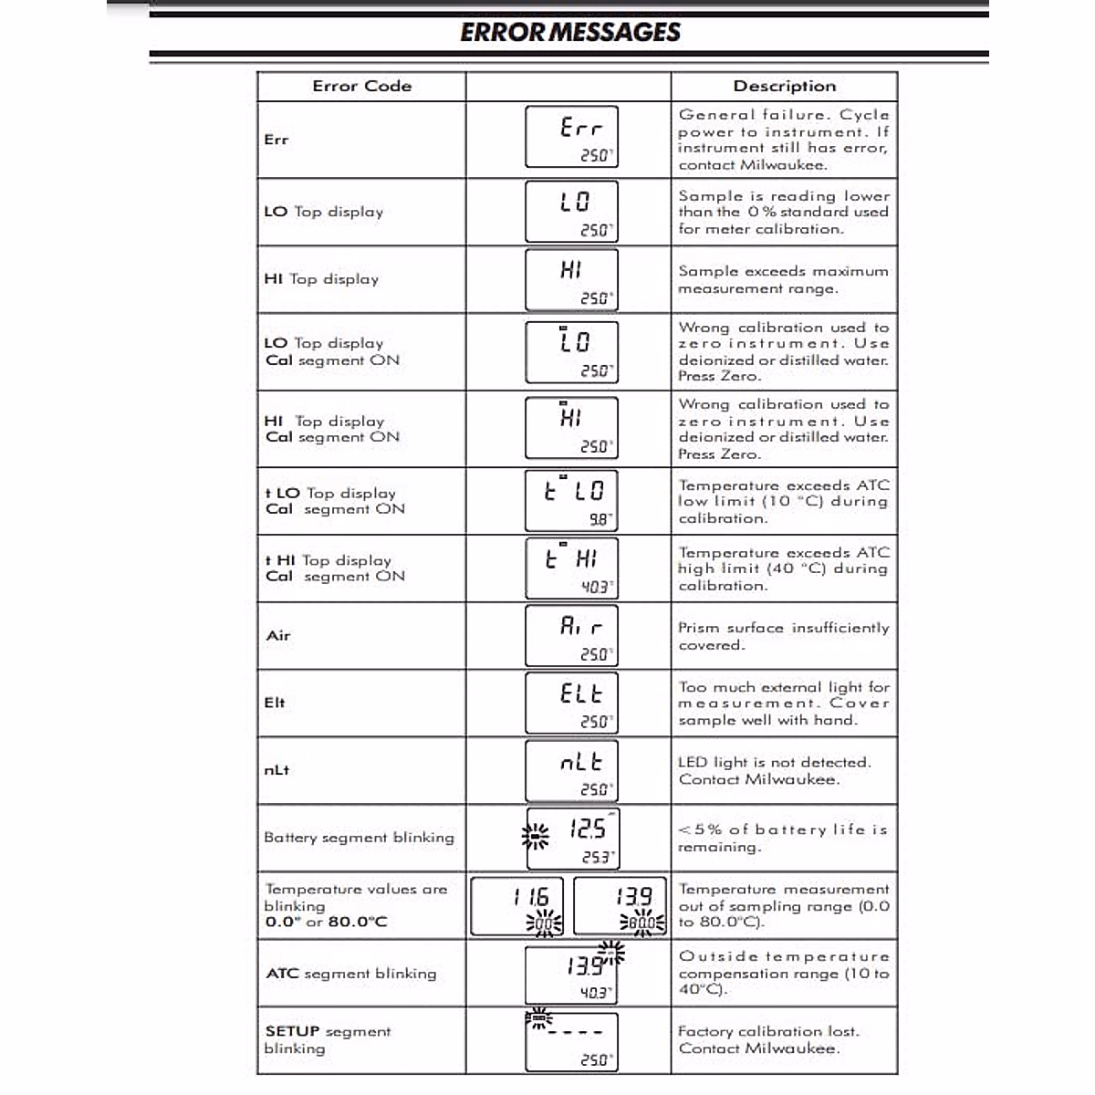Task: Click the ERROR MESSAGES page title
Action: coord(570,33)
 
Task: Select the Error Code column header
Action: coord(361,87)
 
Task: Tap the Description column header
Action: coord(784,87)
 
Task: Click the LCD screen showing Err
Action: coord(571,137)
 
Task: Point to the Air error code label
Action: coord(278,636)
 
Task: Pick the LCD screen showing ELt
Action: coord(571,704)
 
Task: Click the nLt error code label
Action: coord(276,770)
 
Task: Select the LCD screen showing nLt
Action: coord(571,771)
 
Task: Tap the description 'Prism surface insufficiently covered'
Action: coord(782,636)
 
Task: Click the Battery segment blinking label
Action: coord(359,838)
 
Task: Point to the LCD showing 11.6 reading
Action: coord(517,907)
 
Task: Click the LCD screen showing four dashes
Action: coord(571,1041)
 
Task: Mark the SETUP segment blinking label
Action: coord(328,1040)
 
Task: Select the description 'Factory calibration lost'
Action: coord(768,1040)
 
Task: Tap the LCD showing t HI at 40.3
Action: coord(571,568)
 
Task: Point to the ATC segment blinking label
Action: coord(351,974)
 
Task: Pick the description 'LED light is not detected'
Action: coord(774,771)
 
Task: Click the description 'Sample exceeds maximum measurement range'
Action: coord(782,280)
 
